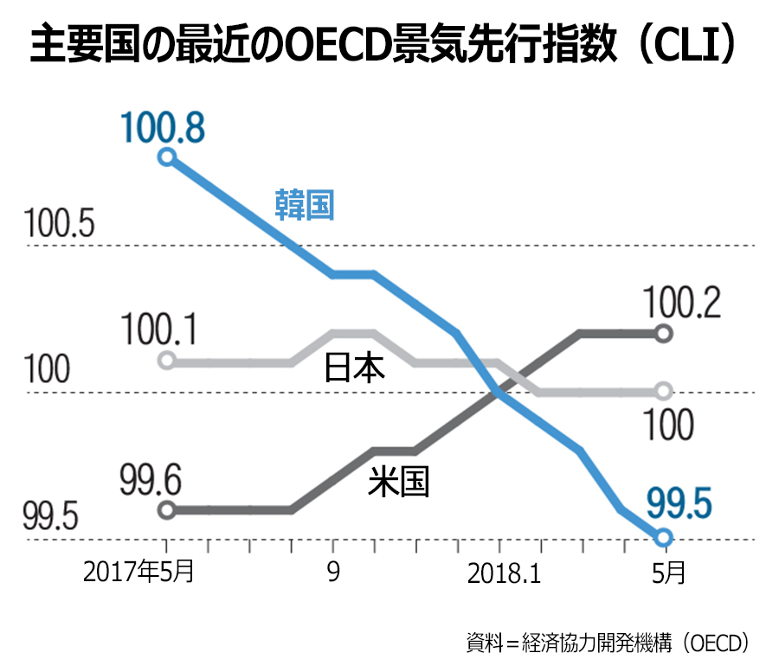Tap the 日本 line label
click(x=354, y=368)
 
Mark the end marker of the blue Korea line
click(x=664, y=537)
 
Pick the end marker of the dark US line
click(x=664, y=333)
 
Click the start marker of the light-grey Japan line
click(x=167, y=361)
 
